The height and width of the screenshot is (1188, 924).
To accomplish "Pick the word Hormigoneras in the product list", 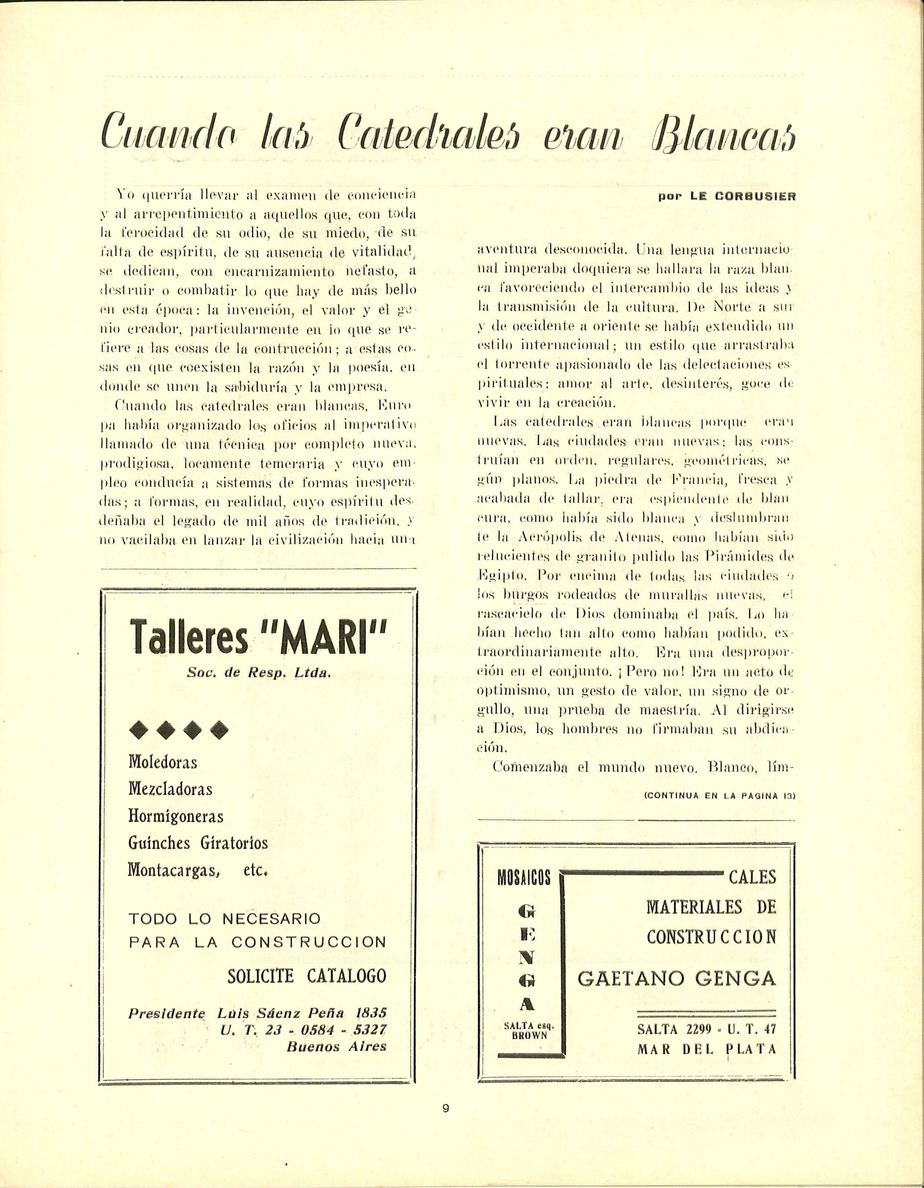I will pos(175,816).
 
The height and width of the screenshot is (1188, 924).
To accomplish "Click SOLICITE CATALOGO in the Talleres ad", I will pos(307,976).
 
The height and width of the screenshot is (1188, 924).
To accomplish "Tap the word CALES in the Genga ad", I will pos(752,877).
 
